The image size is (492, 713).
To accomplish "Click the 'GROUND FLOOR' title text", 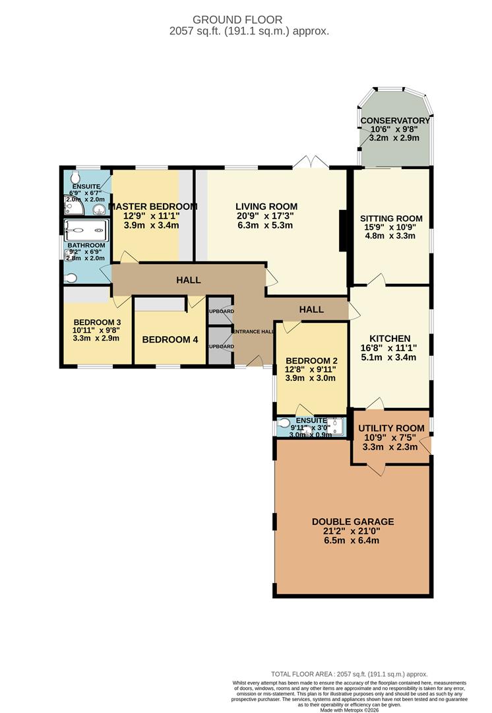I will [246, 20].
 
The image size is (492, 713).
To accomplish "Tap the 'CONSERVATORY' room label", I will [395, 121].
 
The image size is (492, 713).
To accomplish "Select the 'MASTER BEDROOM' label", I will [152, 207].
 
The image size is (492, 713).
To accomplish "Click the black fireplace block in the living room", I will [343, 230].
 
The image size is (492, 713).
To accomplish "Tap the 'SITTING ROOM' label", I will [391, 219].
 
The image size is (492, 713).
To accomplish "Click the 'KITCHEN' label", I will [389, 338].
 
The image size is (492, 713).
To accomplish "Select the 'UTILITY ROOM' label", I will [390, 427].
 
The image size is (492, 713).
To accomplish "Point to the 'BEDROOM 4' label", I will [170, 340].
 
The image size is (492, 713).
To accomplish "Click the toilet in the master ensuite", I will [74, 178].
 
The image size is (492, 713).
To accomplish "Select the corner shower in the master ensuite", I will [74, 207].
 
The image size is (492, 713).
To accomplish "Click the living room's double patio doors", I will [312, 162].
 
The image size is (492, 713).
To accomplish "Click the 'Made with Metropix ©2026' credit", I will [349, 708].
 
